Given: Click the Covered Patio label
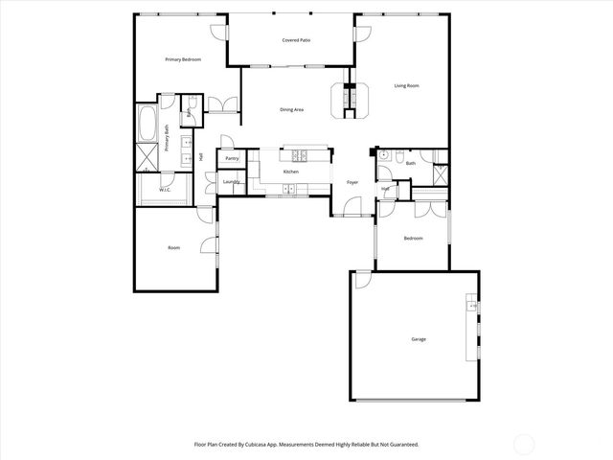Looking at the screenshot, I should [296, 41].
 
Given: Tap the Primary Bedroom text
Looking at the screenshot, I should [182, 59].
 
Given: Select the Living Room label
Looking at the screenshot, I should [407, 86].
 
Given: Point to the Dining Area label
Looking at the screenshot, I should [291, 110].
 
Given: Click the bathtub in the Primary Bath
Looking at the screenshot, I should [149, 122].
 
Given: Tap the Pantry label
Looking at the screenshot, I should [232, 158].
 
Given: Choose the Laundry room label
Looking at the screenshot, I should [230, 181].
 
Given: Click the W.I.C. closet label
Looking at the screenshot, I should [164, 190].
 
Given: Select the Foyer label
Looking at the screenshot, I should [352, 182].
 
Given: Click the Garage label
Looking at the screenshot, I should [419, 339].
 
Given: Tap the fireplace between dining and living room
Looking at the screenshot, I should [351, 100].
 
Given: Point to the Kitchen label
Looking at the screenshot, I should [290, 172].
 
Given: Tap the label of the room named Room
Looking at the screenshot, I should [173, 248].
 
